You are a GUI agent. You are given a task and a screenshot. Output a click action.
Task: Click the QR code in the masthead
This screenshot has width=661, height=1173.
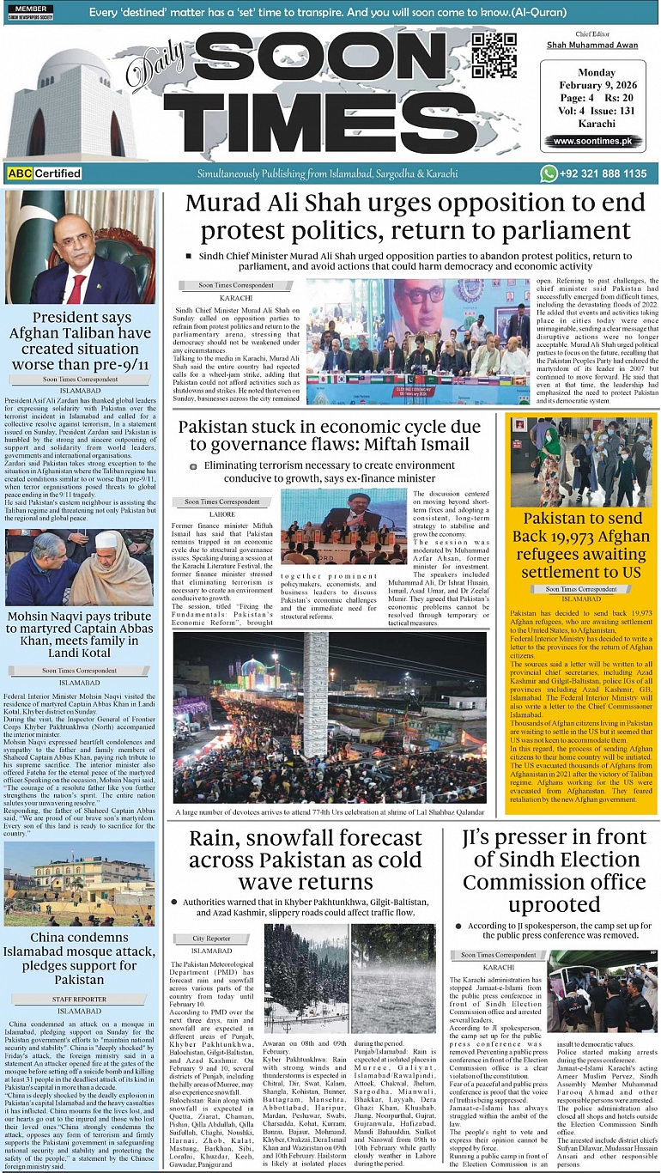(x=494, y=56)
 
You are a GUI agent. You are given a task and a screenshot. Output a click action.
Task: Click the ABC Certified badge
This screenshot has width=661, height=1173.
(x=44, y=173)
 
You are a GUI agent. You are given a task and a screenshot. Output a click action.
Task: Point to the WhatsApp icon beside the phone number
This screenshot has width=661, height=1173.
(x=549, y=173)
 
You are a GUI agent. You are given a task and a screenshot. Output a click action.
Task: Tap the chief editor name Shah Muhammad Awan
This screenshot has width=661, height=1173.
(x=592, y=45)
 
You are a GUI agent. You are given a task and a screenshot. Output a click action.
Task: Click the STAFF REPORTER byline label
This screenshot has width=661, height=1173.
(x=80, y=999)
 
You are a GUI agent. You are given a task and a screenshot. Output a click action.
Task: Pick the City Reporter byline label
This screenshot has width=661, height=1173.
(x=211, y=939)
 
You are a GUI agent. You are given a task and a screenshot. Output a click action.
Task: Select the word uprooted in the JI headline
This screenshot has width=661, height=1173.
(x=554, y=905)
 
